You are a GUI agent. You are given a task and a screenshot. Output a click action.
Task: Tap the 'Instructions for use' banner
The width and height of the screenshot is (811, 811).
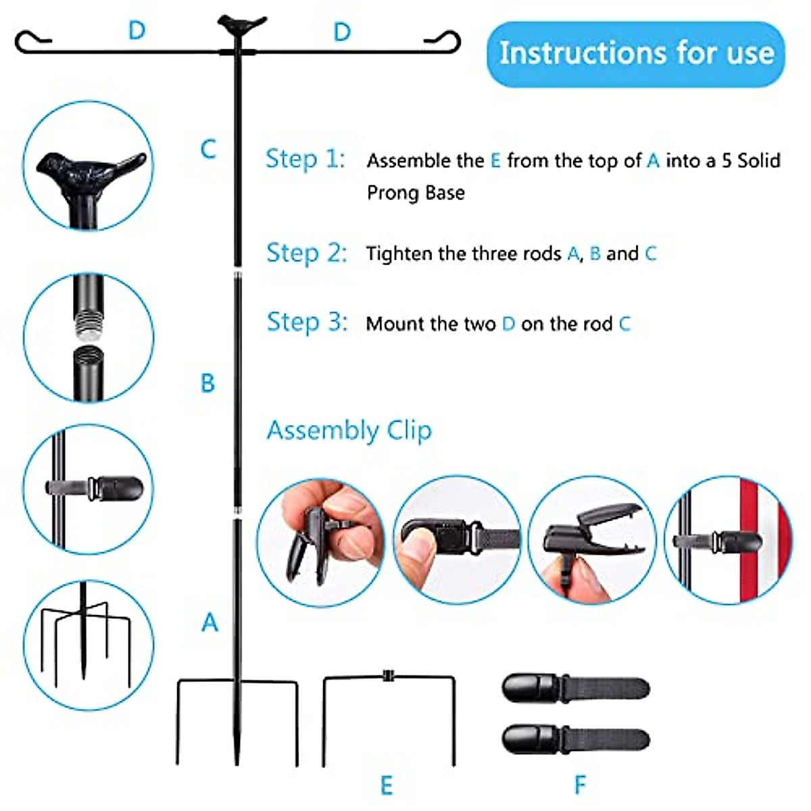[636, 53]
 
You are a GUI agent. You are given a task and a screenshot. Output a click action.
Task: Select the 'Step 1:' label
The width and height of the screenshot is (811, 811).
[305, 159]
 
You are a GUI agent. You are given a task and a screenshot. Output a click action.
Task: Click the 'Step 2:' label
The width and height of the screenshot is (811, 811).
[306, 253]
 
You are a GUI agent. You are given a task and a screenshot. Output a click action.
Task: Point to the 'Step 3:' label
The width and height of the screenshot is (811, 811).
[307, 322]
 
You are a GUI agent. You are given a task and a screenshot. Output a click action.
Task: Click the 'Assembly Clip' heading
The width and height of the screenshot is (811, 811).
[349, 431]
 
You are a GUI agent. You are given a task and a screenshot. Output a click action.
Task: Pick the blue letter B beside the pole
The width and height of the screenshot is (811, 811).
[207, 383]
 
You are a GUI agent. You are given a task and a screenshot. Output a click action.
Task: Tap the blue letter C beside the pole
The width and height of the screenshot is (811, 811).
[208, 149]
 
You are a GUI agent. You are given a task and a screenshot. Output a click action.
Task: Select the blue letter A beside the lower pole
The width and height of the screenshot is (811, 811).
[210, 622]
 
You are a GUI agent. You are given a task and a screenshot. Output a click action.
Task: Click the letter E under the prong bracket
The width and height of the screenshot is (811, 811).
[386, 785]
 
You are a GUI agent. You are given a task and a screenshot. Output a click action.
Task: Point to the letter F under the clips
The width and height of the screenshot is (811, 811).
[580, 785]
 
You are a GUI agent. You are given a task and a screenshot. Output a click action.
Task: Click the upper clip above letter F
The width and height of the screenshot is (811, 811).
[575, 688]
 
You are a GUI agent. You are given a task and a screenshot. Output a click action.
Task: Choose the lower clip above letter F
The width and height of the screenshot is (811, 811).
[575, 738]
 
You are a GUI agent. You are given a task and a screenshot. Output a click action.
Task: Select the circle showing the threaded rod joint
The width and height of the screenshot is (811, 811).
[89, 337]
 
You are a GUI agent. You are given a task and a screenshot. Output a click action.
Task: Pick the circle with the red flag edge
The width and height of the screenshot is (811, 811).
[728, 540]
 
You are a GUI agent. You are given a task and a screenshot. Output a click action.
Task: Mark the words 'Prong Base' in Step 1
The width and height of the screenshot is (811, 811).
[416, 193]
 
